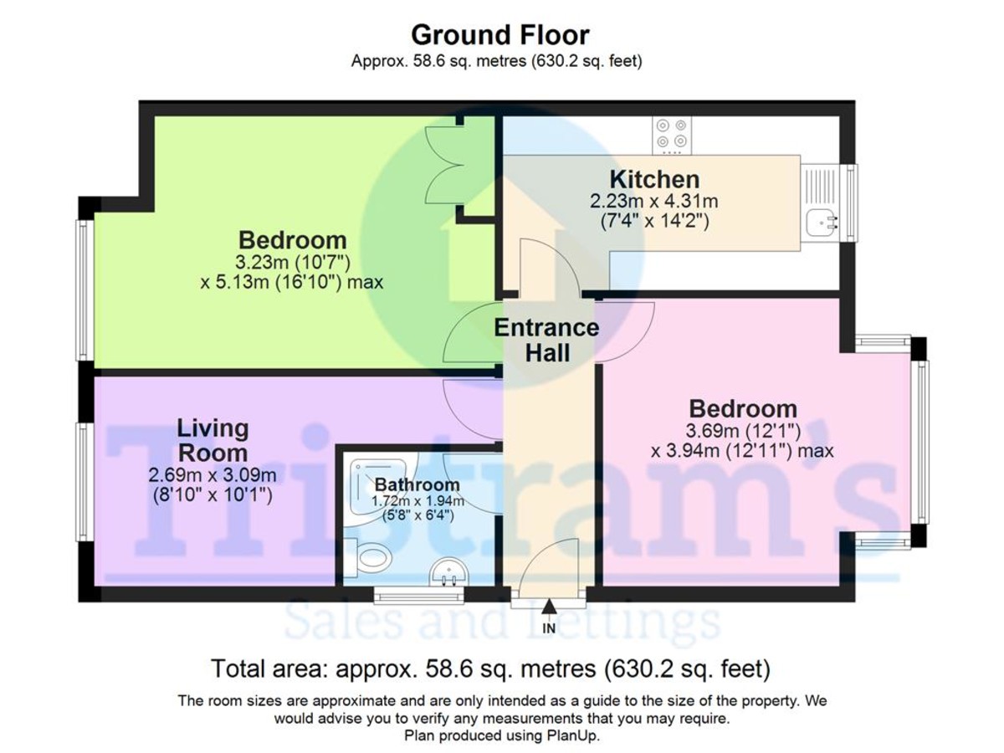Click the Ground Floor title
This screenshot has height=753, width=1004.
click(500, 35)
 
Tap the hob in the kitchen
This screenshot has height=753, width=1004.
click(673, 134)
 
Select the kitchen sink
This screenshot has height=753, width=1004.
click(822, 223)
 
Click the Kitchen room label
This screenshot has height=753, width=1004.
click(653, 179)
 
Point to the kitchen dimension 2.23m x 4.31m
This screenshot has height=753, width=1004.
click(653, 202)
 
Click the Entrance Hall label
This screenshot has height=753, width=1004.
click(546, 340)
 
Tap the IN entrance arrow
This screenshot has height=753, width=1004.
click(549, 608)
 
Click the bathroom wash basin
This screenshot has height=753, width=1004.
click(449, 574)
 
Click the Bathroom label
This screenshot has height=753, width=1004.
click(417, 484)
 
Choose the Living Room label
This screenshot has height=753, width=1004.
click(213, 441)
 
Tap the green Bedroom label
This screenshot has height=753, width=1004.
click(292, 239)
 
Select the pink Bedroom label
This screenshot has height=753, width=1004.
click(742, 409)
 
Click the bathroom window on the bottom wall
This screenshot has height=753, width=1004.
click(418, 597)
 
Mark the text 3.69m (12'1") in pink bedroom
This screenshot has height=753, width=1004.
click(742, 432)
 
